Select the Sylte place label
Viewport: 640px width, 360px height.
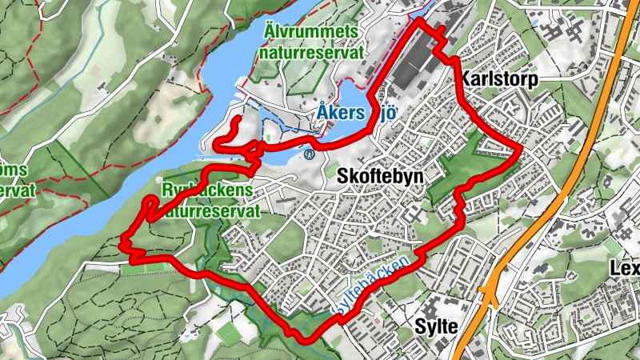[436, 326]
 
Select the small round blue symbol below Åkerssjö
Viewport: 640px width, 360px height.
[309, 154]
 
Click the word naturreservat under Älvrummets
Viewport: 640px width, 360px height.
[310, 53]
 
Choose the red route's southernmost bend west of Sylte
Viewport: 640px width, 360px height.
[304, 338]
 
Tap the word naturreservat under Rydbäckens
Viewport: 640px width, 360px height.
[211, 212]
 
